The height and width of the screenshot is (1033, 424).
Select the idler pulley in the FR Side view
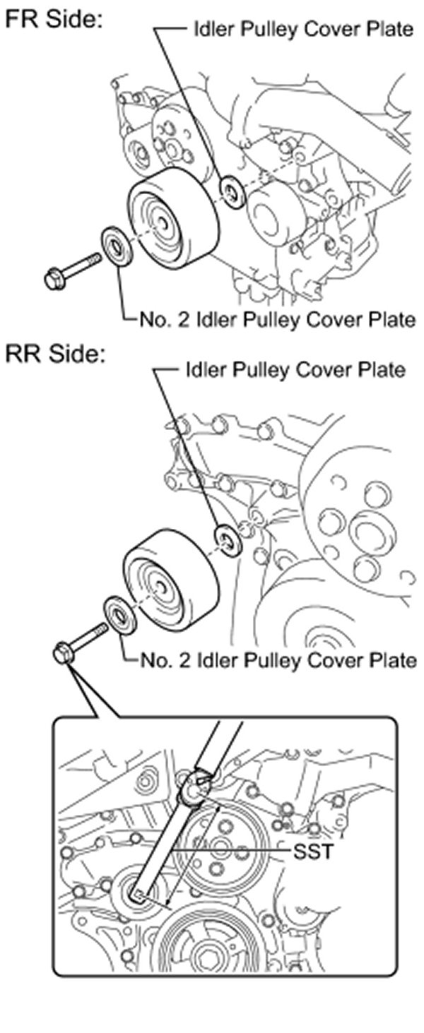pos(172,219)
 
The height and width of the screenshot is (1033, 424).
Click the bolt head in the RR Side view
pos(62,653)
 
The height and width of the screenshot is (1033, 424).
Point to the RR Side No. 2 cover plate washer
pos(119,614)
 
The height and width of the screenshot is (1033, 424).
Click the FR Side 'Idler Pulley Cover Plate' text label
pos(303,29)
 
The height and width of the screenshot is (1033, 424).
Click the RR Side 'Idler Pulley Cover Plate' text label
pos(295,369)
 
